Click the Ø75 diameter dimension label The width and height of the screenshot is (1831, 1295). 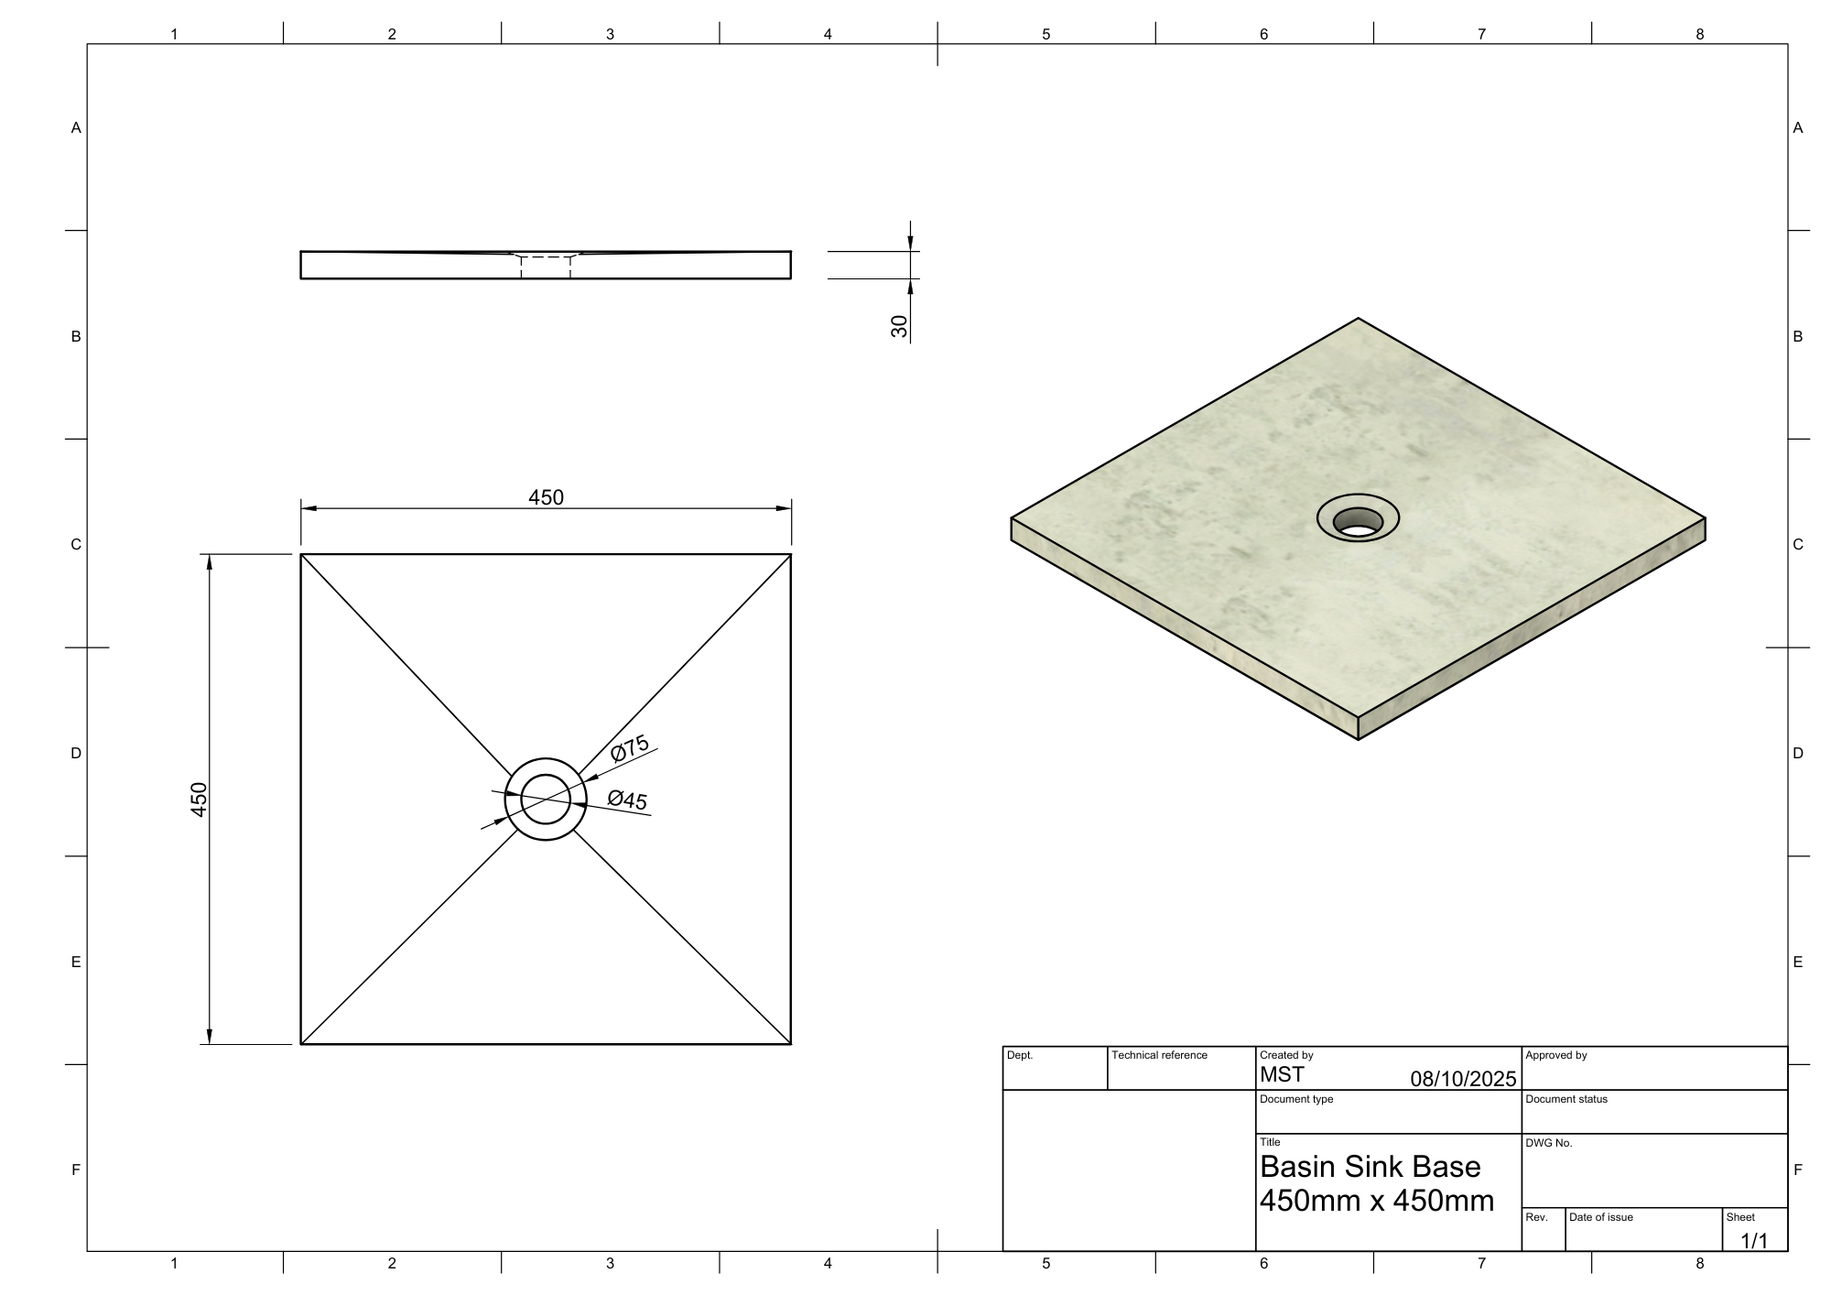coord(630,747)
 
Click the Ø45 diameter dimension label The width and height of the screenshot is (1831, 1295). coord(627,800)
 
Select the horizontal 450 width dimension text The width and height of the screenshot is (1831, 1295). coord(546,497)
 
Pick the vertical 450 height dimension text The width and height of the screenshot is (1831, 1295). coord(199,800)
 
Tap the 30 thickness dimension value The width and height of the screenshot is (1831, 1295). coord(899,326)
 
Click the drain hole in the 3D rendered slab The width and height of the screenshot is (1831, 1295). coord(1358,522)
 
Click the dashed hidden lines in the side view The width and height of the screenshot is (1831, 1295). coord(546,267)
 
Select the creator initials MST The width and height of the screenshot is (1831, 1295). coord(1282,1075)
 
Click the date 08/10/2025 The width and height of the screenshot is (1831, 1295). coord(1463,1079)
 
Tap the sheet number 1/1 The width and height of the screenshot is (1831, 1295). coord(1753,1241)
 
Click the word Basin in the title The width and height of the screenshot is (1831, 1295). coord(1297,1167)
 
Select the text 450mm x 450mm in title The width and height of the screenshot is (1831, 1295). coord(1376,1200)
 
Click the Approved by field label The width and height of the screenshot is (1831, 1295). coord(1555,1055)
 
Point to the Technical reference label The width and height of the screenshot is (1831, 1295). coord(1159,1055)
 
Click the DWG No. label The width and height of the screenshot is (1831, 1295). coord(1548,1143)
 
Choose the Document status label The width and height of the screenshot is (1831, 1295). coord(1566,1099)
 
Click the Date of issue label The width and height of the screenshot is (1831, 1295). coord(1600,1217)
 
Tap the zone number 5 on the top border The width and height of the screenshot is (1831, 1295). coord(1046,34)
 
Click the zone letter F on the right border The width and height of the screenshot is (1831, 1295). coord(1798,1170)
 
